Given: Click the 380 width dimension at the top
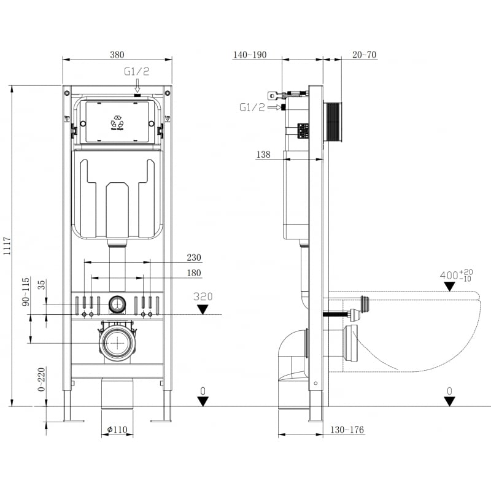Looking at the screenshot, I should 117,54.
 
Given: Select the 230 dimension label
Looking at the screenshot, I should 194,258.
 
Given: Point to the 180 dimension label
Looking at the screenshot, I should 194,273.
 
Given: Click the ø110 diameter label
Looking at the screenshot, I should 117,430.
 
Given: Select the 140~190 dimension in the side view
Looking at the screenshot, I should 250,55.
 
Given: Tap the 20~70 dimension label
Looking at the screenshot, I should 365,55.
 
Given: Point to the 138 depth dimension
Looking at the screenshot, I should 263,155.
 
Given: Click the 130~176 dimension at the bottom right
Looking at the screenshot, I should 348,430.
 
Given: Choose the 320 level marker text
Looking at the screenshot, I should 203,296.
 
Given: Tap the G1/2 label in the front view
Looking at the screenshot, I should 137,72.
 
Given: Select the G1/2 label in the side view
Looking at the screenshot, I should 252,107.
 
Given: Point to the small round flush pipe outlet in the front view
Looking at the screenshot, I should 117,304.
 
